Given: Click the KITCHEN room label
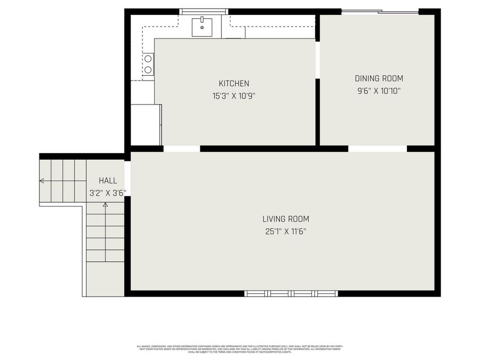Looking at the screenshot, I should click(x=234, y=84).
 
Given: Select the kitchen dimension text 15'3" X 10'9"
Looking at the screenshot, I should click(x=234, y=97).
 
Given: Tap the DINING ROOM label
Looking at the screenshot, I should click(x=379, y=78).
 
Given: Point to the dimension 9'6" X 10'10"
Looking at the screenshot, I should click(x=379, y=91).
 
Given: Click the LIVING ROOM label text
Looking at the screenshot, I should click(x=285, y=219).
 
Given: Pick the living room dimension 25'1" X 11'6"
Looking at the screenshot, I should click(x=285, y=231).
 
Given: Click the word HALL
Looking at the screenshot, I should click(x=108, y=181).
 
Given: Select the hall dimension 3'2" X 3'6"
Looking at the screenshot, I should click(x=107, y=193).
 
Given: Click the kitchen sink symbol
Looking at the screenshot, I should click(x=202, y=27).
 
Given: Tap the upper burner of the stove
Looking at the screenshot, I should click(x=148, y=59).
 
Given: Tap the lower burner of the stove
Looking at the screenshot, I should click(x=148, y=69).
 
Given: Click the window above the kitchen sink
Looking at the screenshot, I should click(x=203, y=11).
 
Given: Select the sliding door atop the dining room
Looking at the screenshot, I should click(x=380, y=11).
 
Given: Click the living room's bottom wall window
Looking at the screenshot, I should click(x=291, y=293).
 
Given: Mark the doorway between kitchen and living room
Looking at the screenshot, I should click(x=181, y=149).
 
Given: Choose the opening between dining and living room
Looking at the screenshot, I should click(x=378, y=149).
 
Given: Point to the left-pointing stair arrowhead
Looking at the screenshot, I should click(x=42, y=181).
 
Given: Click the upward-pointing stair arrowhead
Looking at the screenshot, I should click(x=105, y=204).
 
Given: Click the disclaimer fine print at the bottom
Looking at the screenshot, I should click(x=239, y=349).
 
